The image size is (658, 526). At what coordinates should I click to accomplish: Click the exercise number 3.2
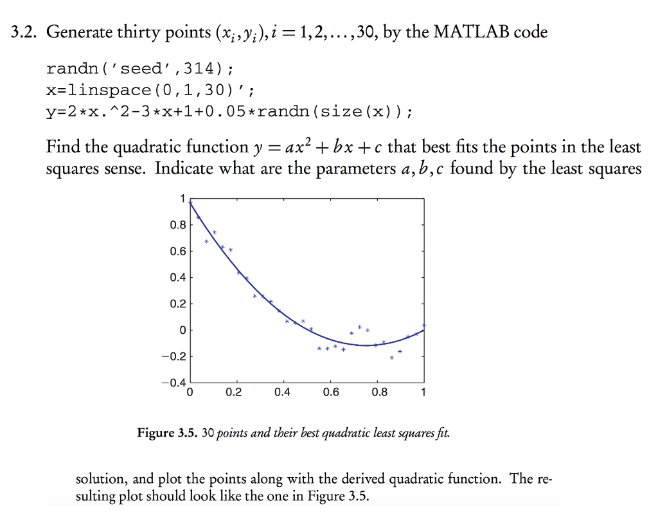coord(25,32)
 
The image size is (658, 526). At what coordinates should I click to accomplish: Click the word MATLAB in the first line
coord(472,32)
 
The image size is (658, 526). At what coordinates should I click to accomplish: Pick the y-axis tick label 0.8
coord(177,225)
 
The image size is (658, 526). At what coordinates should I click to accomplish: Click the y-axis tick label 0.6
coord(177,251)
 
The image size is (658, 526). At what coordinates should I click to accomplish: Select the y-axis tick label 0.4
coord(177,278)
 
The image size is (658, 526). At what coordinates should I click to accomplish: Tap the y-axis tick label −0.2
coord(173,357)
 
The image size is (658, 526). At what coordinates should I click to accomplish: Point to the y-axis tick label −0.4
coord(173,383)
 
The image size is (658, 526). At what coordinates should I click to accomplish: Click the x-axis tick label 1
coord(423,394)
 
